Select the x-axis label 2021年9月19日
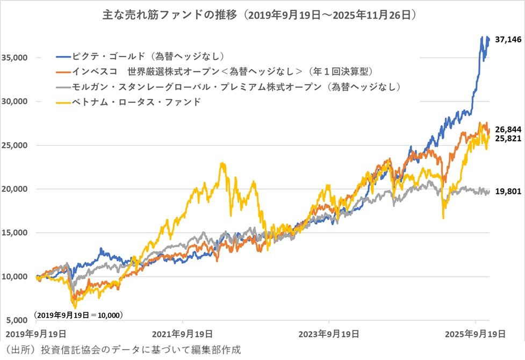click(x=183, y=333)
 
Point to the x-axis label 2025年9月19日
click(x=476, y=333)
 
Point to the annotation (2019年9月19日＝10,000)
click(x=78, y=314)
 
